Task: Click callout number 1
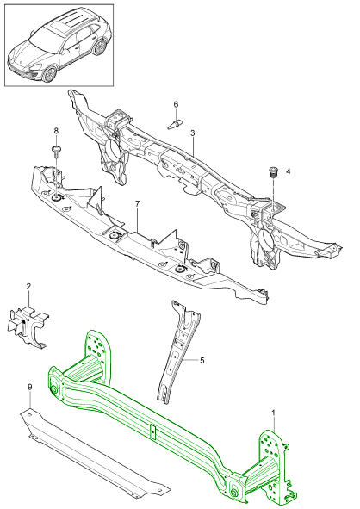click(274, 414)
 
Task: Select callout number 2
click(28, 286)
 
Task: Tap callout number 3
click(193, 133)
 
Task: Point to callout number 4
click(289, 171)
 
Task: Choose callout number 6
click(175, 105)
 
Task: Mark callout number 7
click(136, 204)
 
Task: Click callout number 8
click(57, 131)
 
